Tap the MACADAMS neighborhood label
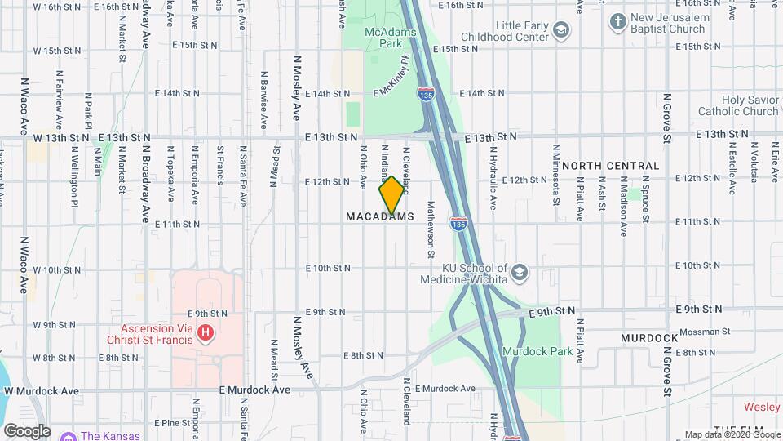tap(380, 217)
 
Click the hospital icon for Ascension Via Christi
tap(206, 333)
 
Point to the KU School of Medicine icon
tap(520, 271)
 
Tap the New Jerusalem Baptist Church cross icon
tap(618, 20)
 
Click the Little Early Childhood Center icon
tap(560, 30)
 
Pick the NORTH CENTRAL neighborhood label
tap(622, 166)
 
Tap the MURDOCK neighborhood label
tap(649, 338)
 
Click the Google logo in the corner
tap(27, 430)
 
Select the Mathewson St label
tap(431, 229)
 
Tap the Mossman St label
tap(706, 332)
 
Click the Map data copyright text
tap(732, 434)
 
